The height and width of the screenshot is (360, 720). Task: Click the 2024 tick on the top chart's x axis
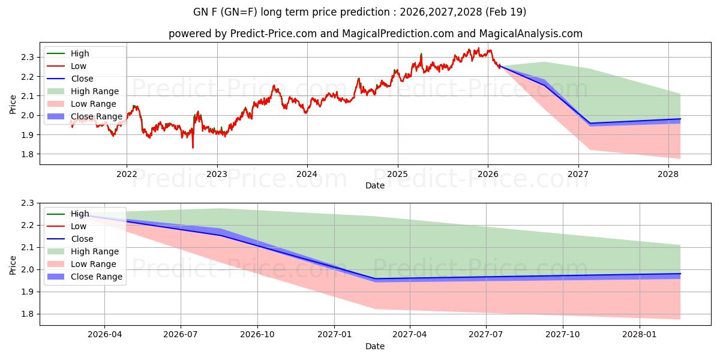[x=307, y=175]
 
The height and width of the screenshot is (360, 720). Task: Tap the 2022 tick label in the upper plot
[x=127, y=175]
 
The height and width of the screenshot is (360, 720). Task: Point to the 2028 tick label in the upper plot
[x=668, y=175]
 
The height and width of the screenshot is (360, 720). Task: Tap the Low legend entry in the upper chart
[x=79, y=66]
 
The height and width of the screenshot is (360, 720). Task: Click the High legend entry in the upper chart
[x=80, y=53]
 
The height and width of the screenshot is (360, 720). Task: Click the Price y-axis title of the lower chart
[x=13, y=264]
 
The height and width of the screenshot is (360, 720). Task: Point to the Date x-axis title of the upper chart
[x=375, y=186]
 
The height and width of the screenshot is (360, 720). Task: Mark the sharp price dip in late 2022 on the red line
[x=193, y=147]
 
